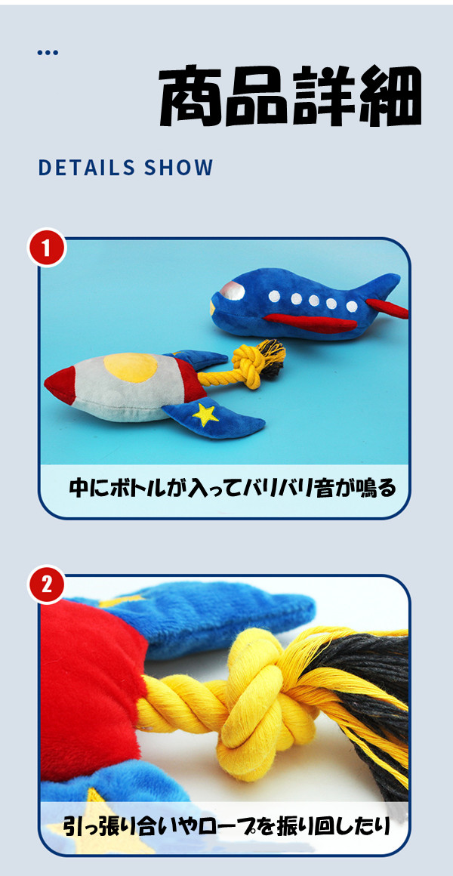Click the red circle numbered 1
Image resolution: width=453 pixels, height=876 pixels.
(46, 248)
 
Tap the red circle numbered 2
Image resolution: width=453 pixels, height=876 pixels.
(46, 585)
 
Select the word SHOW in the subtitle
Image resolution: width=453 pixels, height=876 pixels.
(179, 168)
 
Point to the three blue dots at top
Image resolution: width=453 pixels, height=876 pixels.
(48, 53)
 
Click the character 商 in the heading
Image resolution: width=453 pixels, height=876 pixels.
(190, 97)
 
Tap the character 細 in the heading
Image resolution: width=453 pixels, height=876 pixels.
(390, 97)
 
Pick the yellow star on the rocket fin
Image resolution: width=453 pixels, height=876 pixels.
(205, 414)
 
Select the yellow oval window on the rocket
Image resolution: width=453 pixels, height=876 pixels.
(131, 368)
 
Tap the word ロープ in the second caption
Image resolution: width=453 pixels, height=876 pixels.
(225, 825)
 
